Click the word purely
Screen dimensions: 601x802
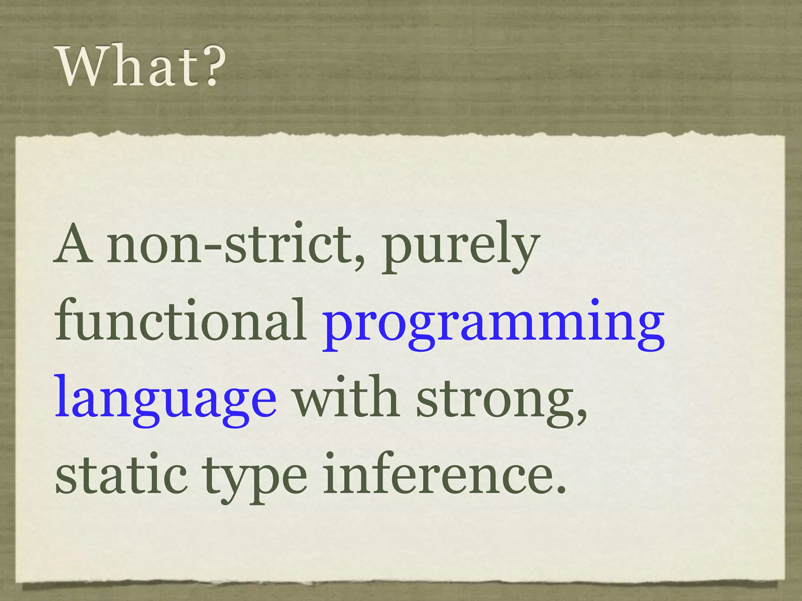coord(460,248)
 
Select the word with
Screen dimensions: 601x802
coord(347,397)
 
